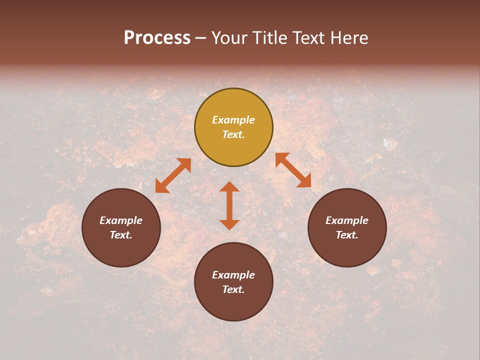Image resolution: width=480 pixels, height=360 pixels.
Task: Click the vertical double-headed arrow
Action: tap(229, 205)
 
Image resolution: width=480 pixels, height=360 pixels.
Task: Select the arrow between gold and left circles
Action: tap(173, 175)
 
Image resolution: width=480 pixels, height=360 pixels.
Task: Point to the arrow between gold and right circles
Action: tap(293, 170)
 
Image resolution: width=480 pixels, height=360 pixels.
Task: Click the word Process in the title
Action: tap(157, 38)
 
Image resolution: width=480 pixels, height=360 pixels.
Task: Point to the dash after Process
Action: tap(201, 38)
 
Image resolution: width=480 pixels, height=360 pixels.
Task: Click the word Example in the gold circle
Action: tap(233, 120)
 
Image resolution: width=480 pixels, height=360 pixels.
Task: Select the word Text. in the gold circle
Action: tap(233, 134)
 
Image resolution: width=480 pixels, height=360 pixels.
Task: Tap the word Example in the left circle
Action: tap(121, 220)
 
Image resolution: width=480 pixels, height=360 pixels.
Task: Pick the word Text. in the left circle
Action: tap(121, 235)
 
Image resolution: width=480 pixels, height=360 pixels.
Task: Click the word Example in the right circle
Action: tap(347, 220)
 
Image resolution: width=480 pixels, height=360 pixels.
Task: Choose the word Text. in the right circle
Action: tap(347, 235)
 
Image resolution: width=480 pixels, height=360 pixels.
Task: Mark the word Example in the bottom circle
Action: tap(233, 275)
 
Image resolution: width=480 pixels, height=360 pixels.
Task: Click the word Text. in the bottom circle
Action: tap(233, 289)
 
